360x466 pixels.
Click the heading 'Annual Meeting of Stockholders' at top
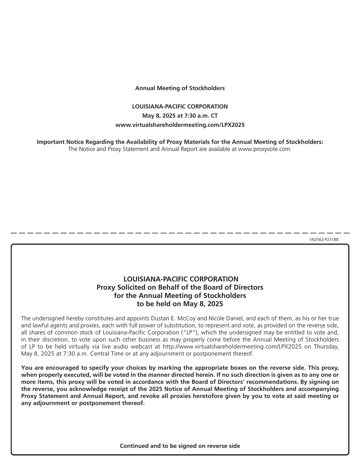pyautogui.click(x=180, y=88)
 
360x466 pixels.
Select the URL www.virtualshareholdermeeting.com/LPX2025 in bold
pyautogui.click(x=180, y=125)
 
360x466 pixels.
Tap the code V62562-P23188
pyautogui.click(x=324, y=239)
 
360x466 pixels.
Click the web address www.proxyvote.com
pyautogui.click(x=265, y=149)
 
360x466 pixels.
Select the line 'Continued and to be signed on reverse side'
pyautogui.click(x=180, y=446)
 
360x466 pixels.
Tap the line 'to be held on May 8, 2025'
pyautogui.click(x=180, y=304)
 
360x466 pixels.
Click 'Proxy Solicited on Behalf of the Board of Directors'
pyautogui.click(x=180, y=287)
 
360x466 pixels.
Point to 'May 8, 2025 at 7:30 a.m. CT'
pyautogui.click(x=180, y=116)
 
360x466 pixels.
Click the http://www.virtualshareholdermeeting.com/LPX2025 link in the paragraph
pyautogui.click(x=223, y=347)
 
